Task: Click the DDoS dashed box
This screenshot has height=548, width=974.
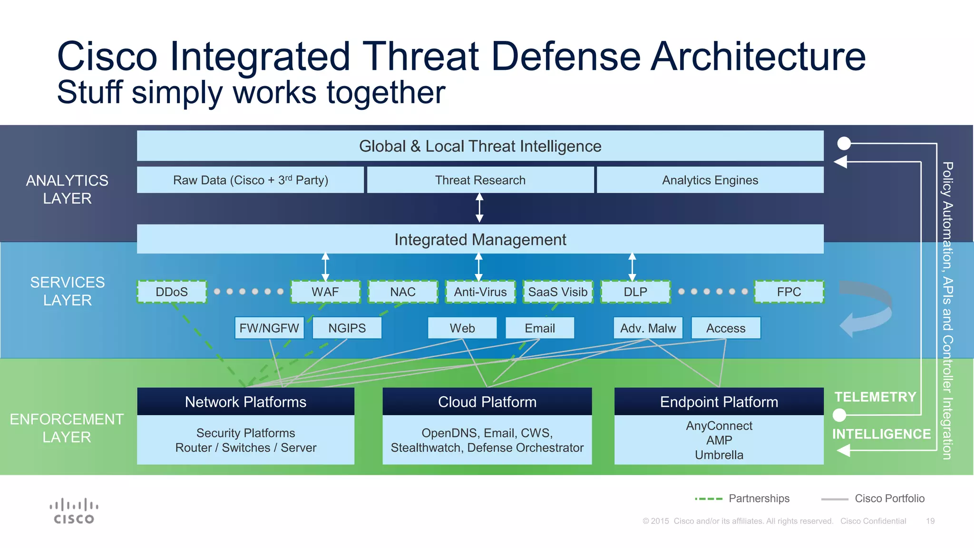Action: (172, 292)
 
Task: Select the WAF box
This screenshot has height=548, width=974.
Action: (325, 292)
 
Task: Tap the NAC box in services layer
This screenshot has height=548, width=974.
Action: (403, 292)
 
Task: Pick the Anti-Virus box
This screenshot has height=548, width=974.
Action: (480, 292)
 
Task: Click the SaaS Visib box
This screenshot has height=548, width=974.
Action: (558, 292)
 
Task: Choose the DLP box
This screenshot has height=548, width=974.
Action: (635, 292)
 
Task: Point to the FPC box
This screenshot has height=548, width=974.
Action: (789, 292)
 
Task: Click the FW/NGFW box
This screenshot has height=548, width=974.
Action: (269, 328)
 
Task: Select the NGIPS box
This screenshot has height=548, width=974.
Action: (347, 328)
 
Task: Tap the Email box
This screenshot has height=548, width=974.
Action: (540, 328)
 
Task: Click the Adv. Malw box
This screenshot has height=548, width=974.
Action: (648, 328)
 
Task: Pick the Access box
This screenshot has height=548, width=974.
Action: (726, 328)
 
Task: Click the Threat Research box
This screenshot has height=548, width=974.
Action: (480, 180)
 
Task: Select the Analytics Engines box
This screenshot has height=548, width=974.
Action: (710, 180)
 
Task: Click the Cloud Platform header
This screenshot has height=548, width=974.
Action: (487, 401)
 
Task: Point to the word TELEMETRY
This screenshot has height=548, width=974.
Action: (875, 397)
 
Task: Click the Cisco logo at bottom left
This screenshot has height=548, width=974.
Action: (74, 511)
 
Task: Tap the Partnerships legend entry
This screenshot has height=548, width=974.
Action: (759, 499)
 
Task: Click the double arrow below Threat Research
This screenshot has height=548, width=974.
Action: (479, 208)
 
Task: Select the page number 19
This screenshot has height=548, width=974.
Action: (930, 521)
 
